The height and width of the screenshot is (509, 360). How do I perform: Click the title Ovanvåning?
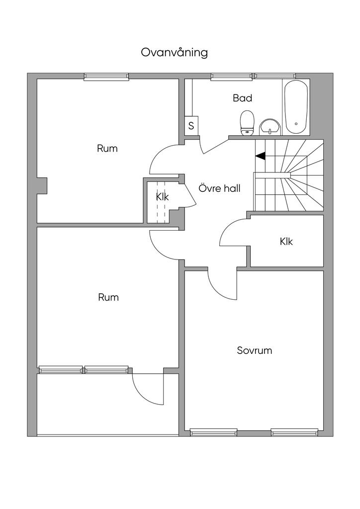click(x=175, y=53)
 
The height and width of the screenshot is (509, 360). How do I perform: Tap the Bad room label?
click(x=242, y=98)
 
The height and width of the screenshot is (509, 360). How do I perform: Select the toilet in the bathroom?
click(x=247, y=122)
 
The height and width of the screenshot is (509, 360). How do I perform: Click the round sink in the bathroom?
click(x=270, y=127)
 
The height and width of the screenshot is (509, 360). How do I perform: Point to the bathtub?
click(x=296, y=107)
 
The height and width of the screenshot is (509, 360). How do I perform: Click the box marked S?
click(x=191, y=125)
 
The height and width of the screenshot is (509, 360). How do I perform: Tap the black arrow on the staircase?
click(x=261, y=156)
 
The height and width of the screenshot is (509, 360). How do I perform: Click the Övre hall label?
click(x=219, y=188)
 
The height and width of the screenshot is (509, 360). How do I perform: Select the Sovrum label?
click(x=255, y=350)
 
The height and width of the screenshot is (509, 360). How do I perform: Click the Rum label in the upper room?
click(x=107, y=149)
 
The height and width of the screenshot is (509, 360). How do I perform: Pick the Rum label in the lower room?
click(x=108, y=297)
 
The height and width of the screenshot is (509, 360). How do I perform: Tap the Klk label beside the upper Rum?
click(x=162, y=197)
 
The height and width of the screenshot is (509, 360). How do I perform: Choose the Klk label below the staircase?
click(x=286, y=242)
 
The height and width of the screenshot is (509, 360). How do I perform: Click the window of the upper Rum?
click(x=106, y=77)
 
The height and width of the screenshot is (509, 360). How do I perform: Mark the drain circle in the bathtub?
click(x=296, y=124)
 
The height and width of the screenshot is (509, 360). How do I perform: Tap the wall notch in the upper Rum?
click(x=42, y=186)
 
